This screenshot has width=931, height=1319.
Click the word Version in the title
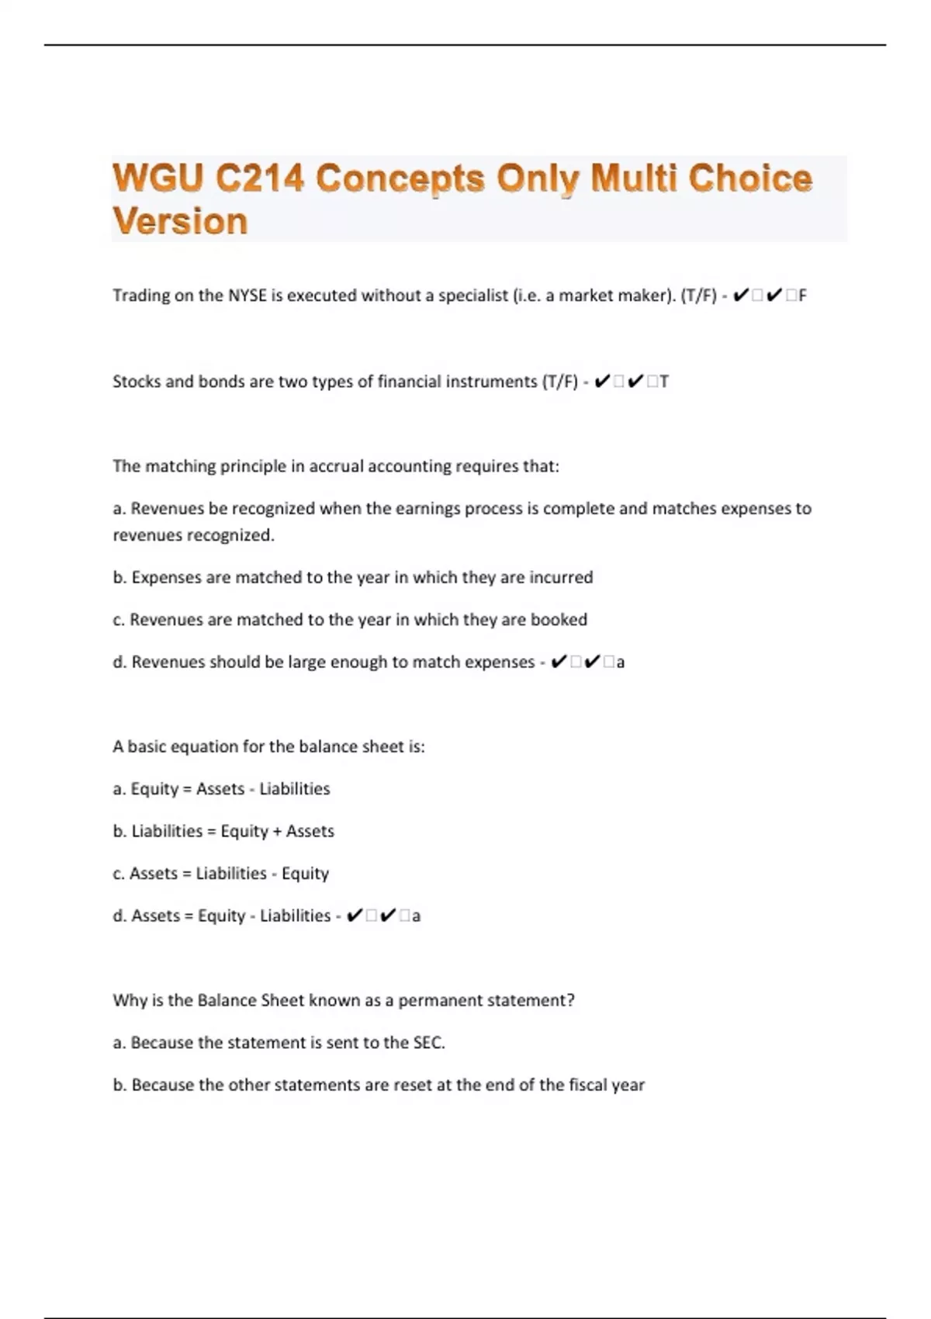point(180,222)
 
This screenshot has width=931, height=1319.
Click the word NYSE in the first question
point(247,296)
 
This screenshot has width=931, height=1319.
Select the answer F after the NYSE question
point(802,296)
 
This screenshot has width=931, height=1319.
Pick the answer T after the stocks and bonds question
point(664,382)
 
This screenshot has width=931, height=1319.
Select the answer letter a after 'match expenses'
point(621,663)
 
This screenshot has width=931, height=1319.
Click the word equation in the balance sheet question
point(204,746)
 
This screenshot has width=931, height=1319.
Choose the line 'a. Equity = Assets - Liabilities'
point(221,789)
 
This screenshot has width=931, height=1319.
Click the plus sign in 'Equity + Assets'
point(277,832)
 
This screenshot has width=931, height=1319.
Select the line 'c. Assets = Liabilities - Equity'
point(221,874)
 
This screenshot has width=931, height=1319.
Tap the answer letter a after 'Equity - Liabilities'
point(417,916)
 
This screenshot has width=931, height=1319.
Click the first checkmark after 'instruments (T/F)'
point(602,382)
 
